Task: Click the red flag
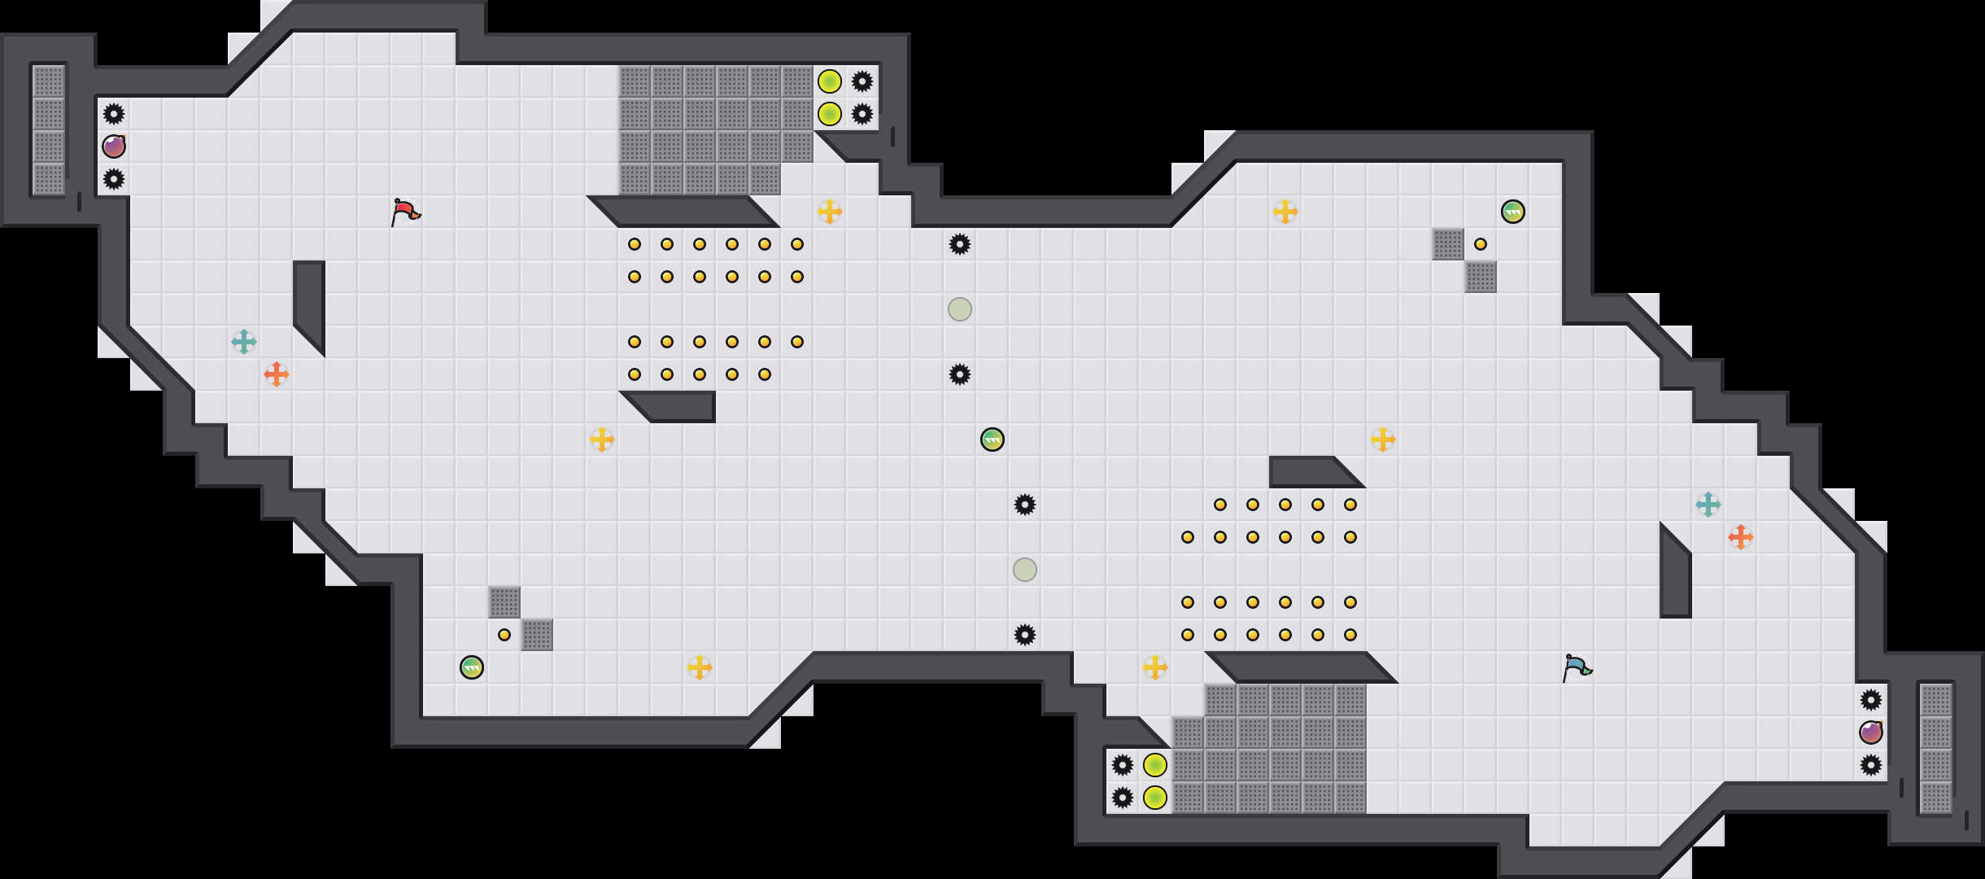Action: click(x=405, y=211)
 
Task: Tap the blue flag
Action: click(x=1577, y=667)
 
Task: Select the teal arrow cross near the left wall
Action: click(x=244, y=342)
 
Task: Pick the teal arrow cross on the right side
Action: click(x=1708, y=505)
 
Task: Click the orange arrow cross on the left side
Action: click(x=277, y=374)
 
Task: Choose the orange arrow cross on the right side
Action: click(x=1741, y=537)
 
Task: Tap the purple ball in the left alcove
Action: click(x=114, y=146)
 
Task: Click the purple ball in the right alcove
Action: click(x=1871, y=732)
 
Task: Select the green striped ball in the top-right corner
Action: click(x=1513, y=212)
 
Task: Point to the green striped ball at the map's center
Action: click(x=992, y=439)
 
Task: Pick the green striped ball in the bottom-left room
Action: click(x=472, y=667)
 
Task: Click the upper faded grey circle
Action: click(x=960, y=309)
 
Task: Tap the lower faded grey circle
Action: click(x=1025, y=570)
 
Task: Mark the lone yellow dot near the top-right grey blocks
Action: click(x=1481, y=244)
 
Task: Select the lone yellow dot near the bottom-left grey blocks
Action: click(x=504, y=635)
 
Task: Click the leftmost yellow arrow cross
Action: click(x=602, y=439)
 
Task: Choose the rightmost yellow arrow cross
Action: click(x=1383, y=439)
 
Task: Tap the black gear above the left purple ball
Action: click(x=114, y=114)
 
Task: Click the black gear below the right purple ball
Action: click(x=1871, y=765)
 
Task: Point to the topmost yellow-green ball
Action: click(x=830, y=81)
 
